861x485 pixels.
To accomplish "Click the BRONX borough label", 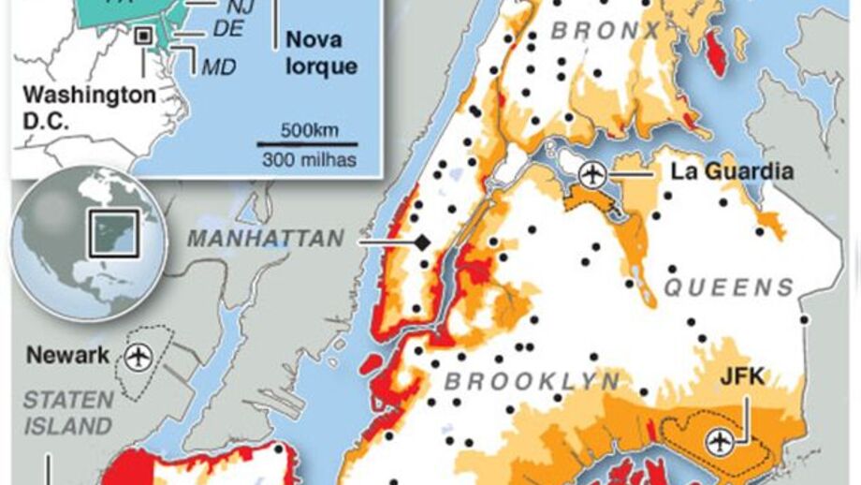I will tap(606, 31).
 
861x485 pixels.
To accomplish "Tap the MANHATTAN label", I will tap(266, 239).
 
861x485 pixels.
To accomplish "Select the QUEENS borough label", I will tap(729, 287).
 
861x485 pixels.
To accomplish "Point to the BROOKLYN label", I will tap(532, 381).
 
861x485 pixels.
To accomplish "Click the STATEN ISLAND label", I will tap(67, 413).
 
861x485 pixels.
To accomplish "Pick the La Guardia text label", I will tap(732, 171).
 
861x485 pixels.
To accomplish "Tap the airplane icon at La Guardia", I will tap(591, 173).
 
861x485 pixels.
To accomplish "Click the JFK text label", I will tap(742, 377).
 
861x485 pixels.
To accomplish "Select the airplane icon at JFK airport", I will tap(719, 439).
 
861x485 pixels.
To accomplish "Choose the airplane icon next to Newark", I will tap(139, 357).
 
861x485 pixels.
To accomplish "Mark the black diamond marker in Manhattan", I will tap(422, 242).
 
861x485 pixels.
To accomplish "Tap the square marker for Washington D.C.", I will tap(143, 36).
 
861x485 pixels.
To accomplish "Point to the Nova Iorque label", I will tap(321, 53).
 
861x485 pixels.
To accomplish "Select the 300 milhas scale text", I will tap(309, 160).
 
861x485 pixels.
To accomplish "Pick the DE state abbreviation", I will tap(227, 30).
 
